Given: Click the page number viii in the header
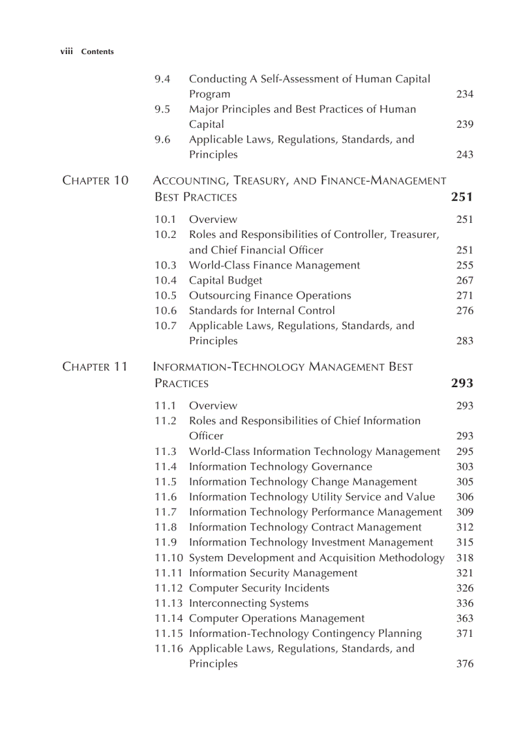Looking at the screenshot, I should [x=66, y=51].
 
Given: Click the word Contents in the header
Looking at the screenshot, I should [x=97, y=52].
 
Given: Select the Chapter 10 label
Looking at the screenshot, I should [x=95, y=181].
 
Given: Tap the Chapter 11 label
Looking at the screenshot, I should [x=95, y=367].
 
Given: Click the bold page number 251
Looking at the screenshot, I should [x=462, y=197].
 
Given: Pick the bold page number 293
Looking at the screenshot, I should [x=462, y=383].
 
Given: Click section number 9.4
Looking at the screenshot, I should [x=162, y=79].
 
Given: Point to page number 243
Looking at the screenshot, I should [x=465, y=154].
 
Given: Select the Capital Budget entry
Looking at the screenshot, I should [x=226, y=280].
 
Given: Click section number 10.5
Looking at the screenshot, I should [x=166, y=295].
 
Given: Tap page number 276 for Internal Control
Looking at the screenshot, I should [x=465, y=310].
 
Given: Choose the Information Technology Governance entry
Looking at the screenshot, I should [x=280, y=467].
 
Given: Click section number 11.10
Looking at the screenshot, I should [x=169, y=558].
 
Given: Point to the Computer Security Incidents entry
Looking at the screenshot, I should [x=259, y=588].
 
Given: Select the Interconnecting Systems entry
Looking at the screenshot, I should [x=248, y=603].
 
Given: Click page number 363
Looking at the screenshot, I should [x=465, y=619].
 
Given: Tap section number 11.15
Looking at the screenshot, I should [x=169, y=634].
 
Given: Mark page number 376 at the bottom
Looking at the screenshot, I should [x=465, y=664].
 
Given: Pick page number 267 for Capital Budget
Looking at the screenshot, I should [x=465, y=280].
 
